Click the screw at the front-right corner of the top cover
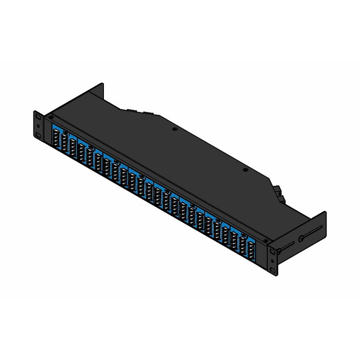265,240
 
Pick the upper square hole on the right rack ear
273,252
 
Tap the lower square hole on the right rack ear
273,270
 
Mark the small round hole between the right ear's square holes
273,261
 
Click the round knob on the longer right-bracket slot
301,239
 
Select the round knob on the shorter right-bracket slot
278,251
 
